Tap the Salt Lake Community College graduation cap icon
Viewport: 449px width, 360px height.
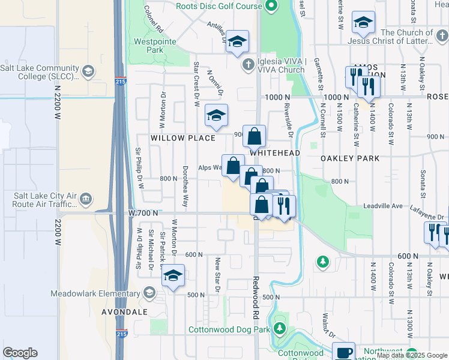point(88,72)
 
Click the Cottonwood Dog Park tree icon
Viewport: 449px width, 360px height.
point(279,329)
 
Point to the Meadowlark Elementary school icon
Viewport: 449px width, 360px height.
point(149,293)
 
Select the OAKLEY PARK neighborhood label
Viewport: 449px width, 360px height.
point(350,158)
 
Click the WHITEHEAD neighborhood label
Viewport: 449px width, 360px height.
point(274,154)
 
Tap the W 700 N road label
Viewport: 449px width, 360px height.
point(143,212)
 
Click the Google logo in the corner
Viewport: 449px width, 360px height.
point(20,353)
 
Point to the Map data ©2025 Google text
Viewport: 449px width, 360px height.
point(411,356)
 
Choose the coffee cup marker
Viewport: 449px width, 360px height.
point(344,352)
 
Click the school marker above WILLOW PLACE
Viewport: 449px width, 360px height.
point(216,115)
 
